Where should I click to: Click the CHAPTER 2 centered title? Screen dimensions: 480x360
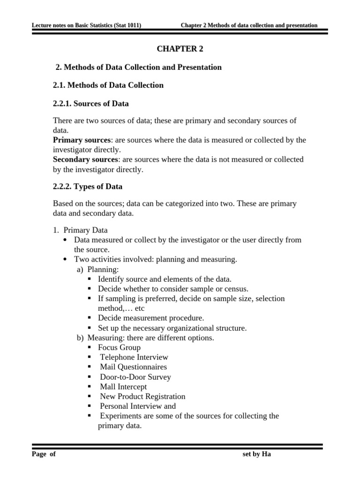tap(180, 49)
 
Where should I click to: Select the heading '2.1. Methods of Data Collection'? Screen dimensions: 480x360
tap(108, 85)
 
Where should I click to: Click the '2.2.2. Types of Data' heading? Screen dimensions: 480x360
tap(88, 187)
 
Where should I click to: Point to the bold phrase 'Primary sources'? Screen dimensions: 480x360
tap(82, 140)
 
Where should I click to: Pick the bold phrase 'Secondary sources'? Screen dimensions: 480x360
tap(85, 160)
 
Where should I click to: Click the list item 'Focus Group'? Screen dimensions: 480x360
tap(119, 347)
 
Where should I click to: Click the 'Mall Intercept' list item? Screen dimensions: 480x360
tap(123, 387)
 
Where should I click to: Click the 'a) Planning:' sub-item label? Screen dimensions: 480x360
tap(98, 269)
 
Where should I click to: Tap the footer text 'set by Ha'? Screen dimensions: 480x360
tap(255, 454)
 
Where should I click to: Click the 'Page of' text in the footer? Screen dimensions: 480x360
tap(44, 454)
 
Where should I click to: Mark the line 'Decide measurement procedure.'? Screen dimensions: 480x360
tap(150, 318)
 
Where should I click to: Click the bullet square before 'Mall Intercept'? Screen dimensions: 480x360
tap(90, 387)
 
